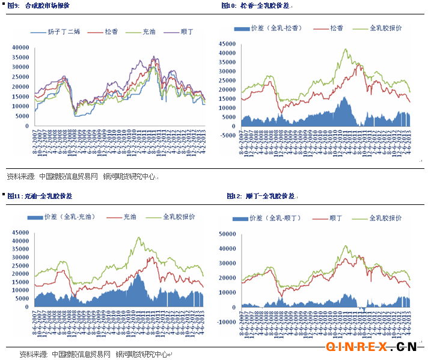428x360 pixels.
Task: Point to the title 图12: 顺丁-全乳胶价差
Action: pos(261,196)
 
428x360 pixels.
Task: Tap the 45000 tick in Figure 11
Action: pos(20,233)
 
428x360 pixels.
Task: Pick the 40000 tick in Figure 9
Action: pos(20,47)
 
